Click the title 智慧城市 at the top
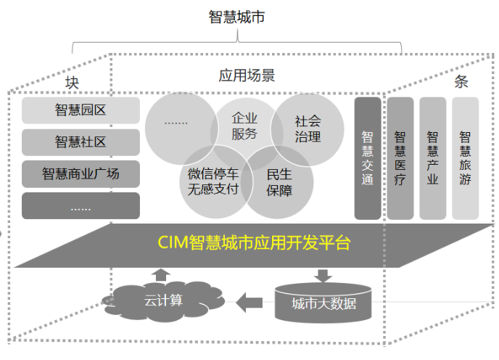click(236, 16)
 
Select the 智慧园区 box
click(81, 110)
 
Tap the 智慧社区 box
click(81, 142)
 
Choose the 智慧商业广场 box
click(81, 174)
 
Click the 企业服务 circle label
click(244, 125)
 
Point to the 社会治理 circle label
click(308, 128)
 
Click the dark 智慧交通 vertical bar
click(367, 157)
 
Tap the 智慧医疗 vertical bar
click(400, 157)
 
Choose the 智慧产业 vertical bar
click(432, 157)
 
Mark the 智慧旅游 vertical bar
click(465, 157)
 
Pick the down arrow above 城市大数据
click(323, 275)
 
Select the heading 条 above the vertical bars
click(461, 81)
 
